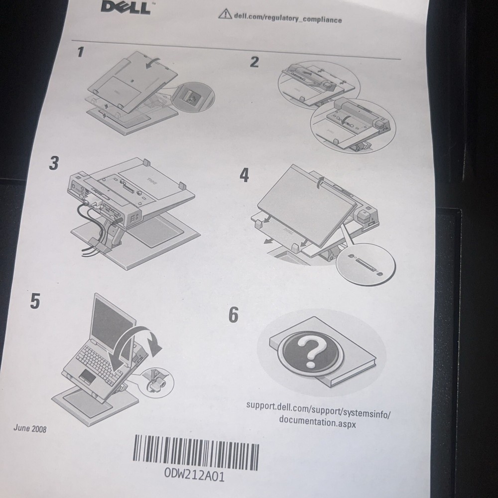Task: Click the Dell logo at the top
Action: (125, 7)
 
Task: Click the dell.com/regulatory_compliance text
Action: (287, 18)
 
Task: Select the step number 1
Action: (81, 52)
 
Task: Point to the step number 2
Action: (254, 62)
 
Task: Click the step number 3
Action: (54, 164)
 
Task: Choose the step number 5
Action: (35, 301)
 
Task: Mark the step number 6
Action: (233, 315)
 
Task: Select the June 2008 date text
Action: (30, 428)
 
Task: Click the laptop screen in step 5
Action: (111, 321)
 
